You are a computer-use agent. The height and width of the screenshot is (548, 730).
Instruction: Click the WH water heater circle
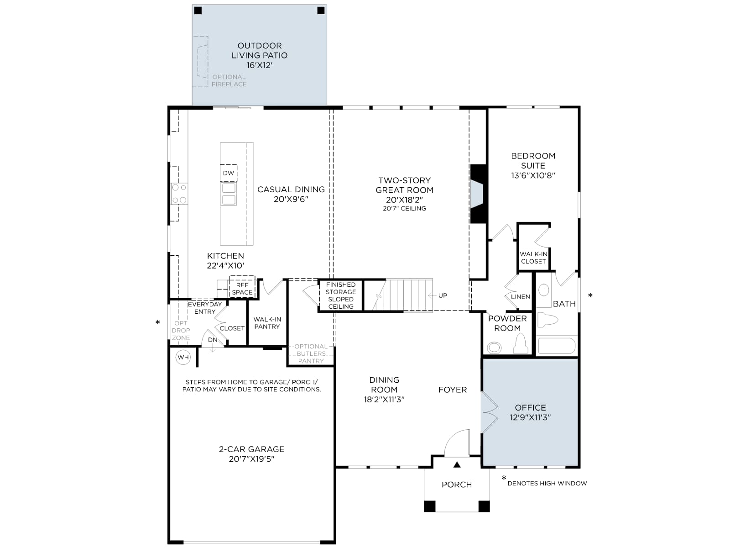(x=183, y=358)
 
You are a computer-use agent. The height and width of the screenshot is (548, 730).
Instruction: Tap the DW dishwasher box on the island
(x=229, y=173)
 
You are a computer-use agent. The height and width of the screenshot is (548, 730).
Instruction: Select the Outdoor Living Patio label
(x=260, y=55)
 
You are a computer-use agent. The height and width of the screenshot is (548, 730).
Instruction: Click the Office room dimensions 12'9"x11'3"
(x=531, y=417)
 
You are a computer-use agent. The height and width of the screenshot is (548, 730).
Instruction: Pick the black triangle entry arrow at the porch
(x=457, y=464)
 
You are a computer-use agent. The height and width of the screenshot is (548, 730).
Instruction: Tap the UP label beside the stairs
(x=443, y=295)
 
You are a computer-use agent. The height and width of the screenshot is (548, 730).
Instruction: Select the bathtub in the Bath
(x=557, y=346)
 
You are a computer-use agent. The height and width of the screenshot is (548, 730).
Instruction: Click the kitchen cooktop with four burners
(x=179, y=194)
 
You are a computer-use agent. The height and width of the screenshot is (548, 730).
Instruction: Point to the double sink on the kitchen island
(x=229, y=194)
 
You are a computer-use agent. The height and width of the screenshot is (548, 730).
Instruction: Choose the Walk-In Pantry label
(x=267, y=323)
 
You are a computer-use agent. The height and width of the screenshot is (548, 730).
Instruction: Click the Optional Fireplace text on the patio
(x=229, y=80)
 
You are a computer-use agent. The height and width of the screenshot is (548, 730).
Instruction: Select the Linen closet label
(x=521, y=297)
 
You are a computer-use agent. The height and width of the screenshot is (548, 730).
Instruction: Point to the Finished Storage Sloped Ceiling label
(x=341, y=295)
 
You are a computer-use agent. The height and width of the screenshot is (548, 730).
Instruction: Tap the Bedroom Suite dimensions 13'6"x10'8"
(x=533, y=175)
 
